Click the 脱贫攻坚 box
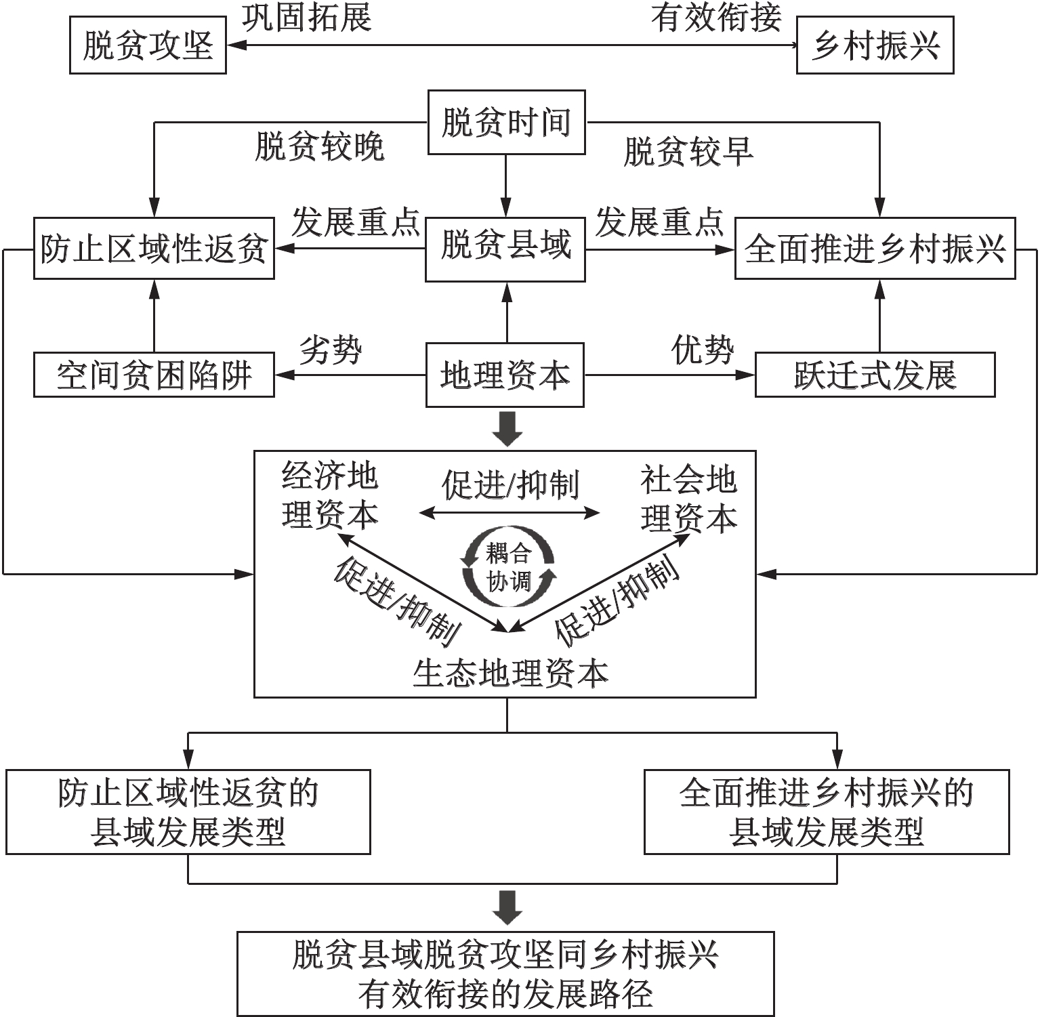(148, 46)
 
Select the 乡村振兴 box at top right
(875, 46)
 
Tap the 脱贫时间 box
(506, 123)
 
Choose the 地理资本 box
(505, 375)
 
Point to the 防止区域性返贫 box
(154, 248)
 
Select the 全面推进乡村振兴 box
(875, 248)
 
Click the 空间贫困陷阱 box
(154, 374)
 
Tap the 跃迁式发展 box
(875, 374)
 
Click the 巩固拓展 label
(307, 18)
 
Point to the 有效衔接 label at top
(717, 18)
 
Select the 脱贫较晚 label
(320, 146)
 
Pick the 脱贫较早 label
(688, 151)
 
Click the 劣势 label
(331, 350)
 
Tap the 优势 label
(703, 350)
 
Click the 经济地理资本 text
(330, 495)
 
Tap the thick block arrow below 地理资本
(507, 429)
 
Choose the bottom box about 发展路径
(505, 974)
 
